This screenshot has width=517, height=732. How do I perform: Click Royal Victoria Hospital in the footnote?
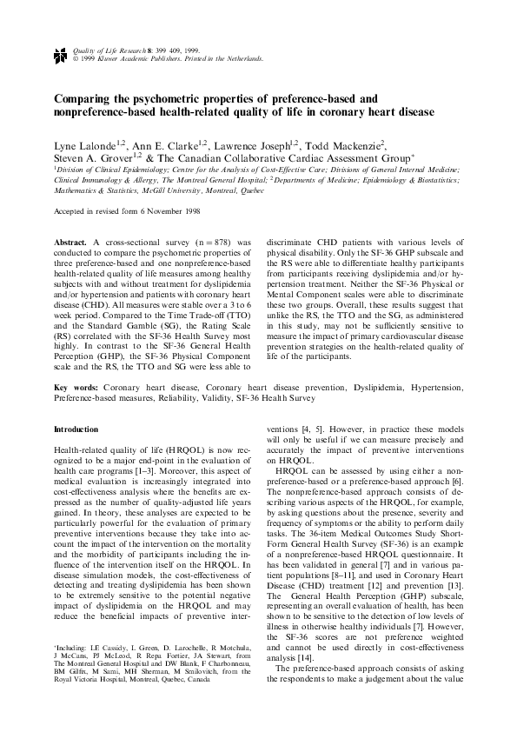point(92,708)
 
